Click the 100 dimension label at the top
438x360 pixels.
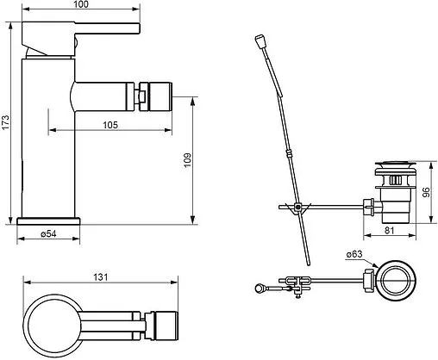point(81,4)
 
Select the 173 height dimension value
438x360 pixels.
point(6,122)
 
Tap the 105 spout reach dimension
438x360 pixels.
point(110,125)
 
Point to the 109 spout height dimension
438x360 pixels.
point(187,160)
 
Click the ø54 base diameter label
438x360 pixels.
point(48,234)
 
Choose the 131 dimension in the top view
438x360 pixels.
point(101,277)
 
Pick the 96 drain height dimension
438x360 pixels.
point(427,192)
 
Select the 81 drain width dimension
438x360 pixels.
point(389,230)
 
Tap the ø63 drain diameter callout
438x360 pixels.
point(354,254)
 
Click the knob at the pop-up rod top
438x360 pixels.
point(260,40)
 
